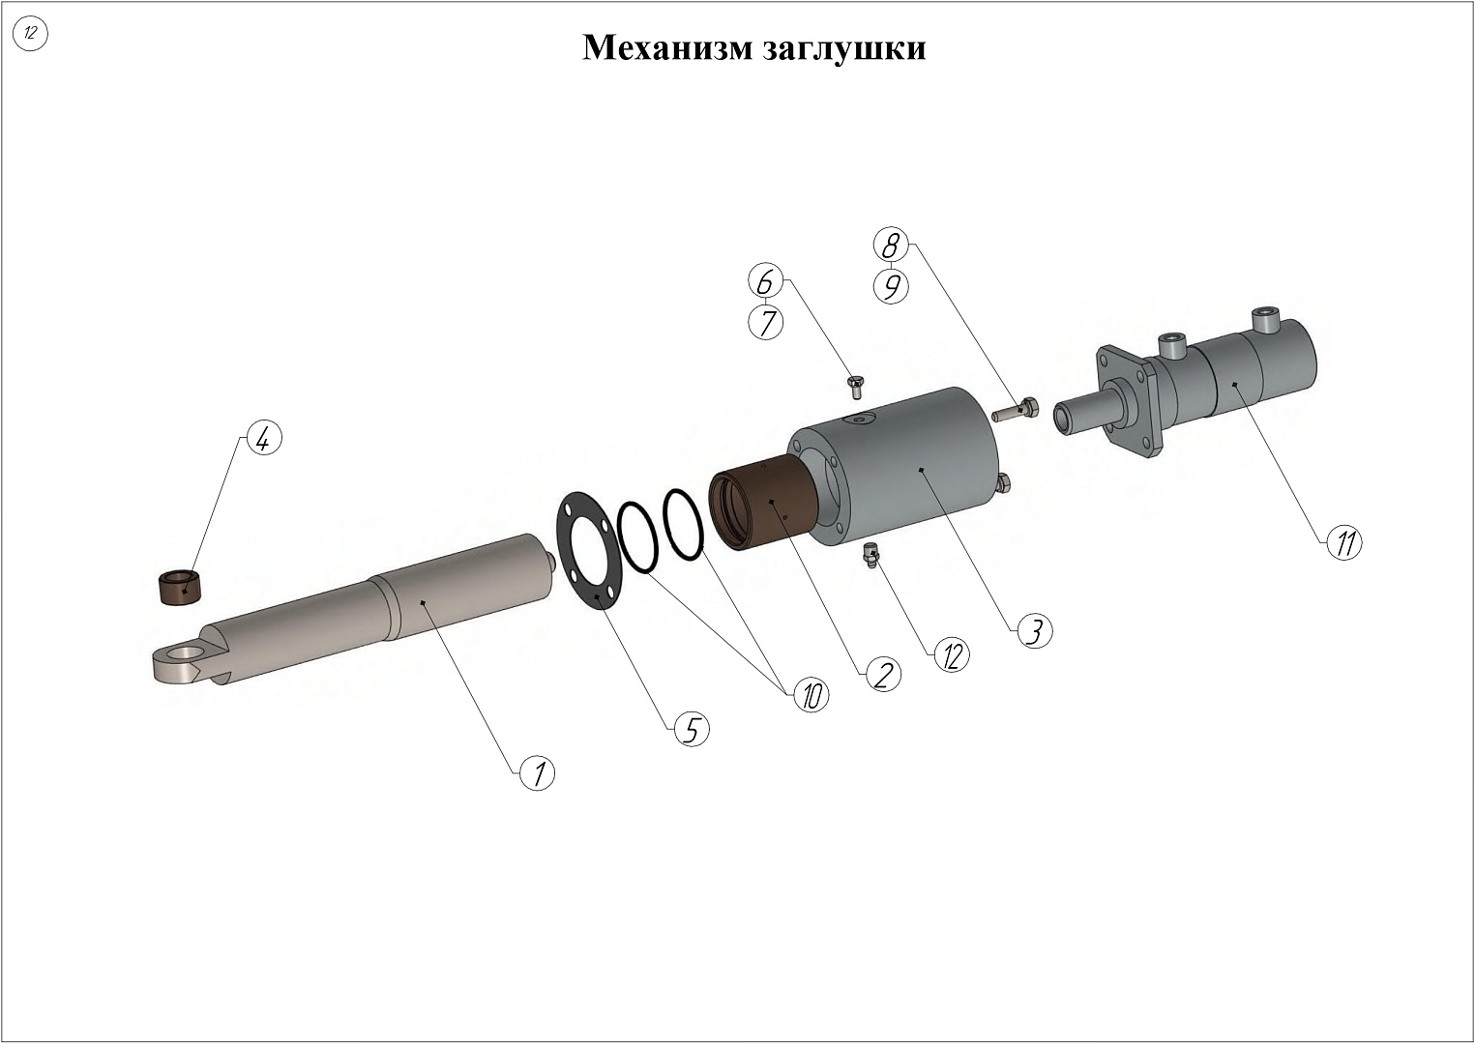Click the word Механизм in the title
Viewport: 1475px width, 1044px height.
coord(666,47)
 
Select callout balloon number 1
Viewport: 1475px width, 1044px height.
coord(538,772)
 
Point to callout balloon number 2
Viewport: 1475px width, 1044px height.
coord(882,673)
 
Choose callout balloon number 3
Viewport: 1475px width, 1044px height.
coord(1034,630)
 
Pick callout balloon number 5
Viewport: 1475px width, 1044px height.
coord(692,729)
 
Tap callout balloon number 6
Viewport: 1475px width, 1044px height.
coord(765,282)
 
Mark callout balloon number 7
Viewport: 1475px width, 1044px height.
coord(766,322)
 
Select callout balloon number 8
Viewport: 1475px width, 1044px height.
coord(891,246)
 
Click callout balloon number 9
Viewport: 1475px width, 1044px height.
coord(891,286)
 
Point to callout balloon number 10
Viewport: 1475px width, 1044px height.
coord(811,694)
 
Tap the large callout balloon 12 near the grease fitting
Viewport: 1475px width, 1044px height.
coord(951,655)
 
